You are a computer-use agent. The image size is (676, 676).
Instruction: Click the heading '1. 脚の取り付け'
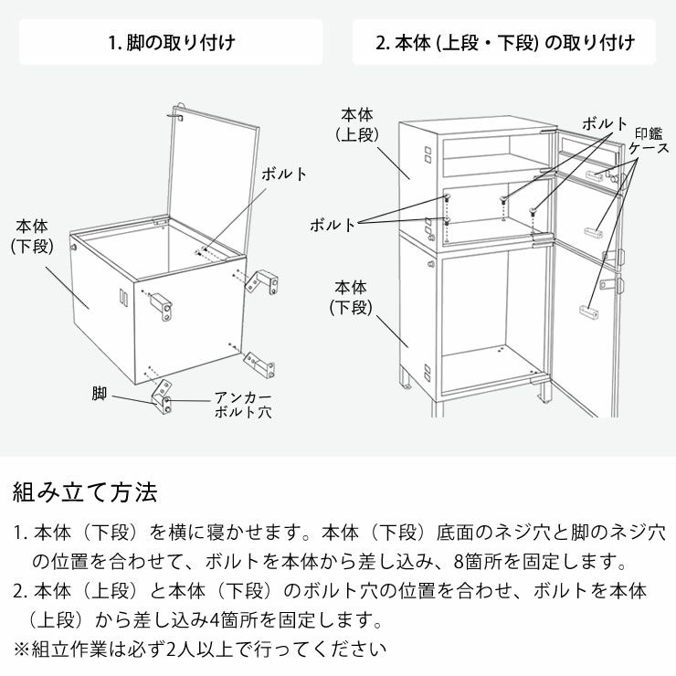tap(171, 42)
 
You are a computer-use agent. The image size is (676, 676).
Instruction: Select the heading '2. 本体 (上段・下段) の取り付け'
tap(504, 42)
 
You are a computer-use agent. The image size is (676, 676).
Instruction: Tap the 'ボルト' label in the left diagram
tap(284, 174)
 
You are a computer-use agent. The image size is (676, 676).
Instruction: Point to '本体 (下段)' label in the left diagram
tap(36, 235)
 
